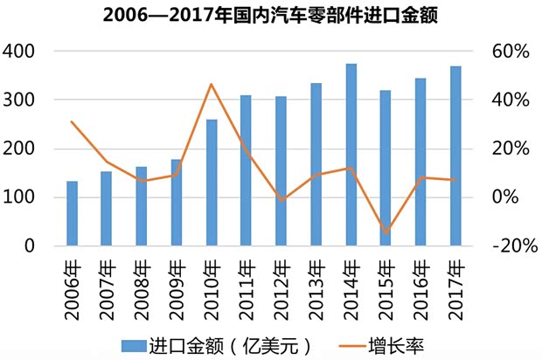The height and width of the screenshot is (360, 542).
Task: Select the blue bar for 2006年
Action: pyautogui.click(x=72, y=213)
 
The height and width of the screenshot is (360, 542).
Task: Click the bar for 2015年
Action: pyautogui.click(x=386, y=168)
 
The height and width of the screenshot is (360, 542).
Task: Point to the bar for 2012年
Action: pyautogui.click(x=281, y=170)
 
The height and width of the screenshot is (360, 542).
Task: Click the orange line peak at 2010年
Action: pyautogui.click(x=212, y=85)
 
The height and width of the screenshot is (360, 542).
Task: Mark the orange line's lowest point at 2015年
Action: pyautogui.click(x=386, y=232)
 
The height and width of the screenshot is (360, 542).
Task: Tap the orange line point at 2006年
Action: pyautogui.click(x=72, y=121)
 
